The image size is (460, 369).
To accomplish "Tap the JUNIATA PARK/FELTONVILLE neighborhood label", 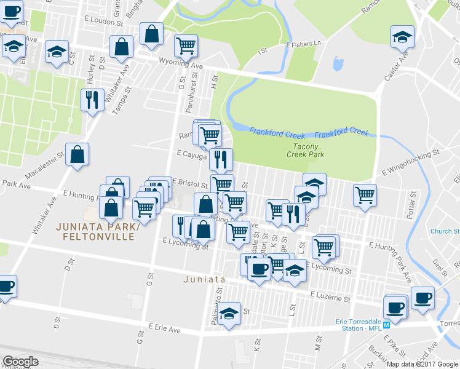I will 95,231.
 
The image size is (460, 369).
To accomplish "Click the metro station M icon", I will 386,325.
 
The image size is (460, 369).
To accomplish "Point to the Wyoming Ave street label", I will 181,65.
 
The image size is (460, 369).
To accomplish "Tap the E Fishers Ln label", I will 304,44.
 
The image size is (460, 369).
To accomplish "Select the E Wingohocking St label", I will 410,161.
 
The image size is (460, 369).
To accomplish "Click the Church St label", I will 445,232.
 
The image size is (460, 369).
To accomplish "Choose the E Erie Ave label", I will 164,330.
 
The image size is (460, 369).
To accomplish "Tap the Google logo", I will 20,362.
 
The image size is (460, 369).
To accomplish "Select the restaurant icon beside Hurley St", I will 92,100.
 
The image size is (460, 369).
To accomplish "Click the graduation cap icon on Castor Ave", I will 402,37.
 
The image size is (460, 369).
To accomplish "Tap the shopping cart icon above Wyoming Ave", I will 186,45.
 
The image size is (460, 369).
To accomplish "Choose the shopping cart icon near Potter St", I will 365,195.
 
